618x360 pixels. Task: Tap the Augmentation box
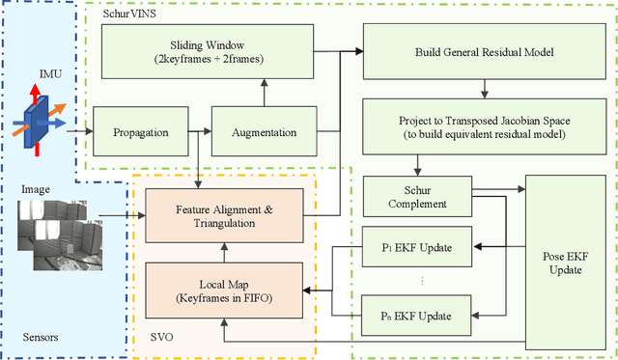(x=265, y=131)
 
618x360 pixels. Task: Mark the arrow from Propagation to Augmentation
(x=194, y=131)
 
